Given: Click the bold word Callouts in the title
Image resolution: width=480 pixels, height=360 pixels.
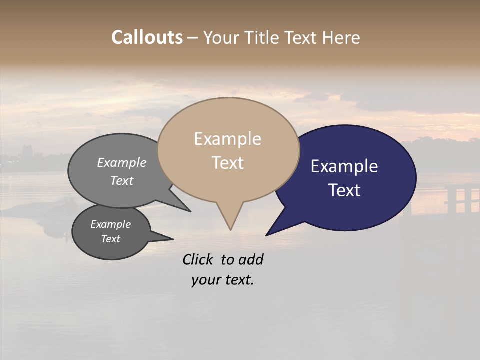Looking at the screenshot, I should tap(147, 37).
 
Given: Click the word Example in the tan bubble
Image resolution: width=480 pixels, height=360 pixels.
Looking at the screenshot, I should tap(227, 139).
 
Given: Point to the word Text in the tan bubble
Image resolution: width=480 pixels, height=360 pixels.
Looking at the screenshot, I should tap(227, 162).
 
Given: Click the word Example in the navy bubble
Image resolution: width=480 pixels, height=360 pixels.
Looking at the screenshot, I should tap(344, 166).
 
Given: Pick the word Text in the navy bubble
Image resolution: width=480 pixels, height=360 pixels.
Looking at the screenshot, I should tap(344, 190).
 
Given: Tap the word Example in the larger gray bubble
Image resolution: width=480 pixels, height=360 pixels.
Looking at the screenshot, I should tap(121, 163).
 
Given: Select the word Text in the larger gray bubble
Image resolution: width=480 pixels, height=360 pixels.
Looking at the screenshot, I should tap(121, 180).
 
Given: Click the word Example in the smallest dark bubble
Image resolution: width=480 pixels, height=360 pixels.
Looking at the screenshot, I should tap(110, 224).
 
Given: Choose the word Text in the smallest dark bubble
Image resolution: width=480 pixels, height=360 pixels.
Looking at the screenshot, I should tap(110, 239).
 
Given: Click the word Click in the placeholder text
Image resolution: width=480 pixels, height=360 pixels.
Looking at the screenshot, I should tap(198, 259).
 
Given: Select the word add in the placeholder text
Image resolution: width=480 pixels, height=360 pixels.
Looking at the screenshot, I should tap(251, 259).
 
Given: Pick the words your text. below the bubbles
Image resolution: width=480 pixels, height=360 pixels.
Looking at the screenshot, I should tap(223, 280).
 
